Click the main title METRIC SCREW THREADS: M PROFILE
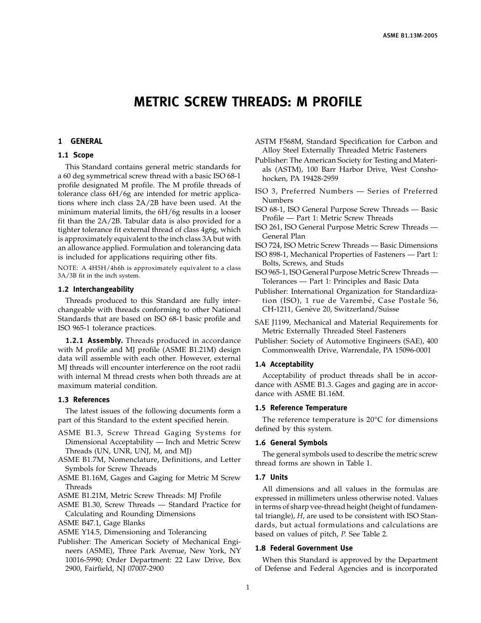pyautogui.click(x=248, y=102)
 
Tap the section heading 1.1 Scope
pyautogui.click(x=75, y=155)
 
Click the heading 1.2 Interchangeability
pyautogui.click(x=96, y=289)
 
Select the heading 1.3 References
pyautogui.click(x=84, y=400)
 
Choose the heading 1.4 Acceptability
pyautogui.click(x=284, y=364)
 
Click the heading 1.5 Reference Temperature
pyautogui.click(x=301, y=408)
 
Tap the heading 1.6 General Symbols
pyautogui.click(x=291, y=443)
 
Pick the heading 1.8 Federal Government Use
pyautogui.click(x=304, y=548)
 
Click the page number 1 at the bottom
pyautogui.click(x=248, y=588)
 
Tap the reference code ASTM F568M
pyautogui.click(x=278, y=141)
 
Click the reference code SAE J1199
pyautogui.click(x=274, y=322)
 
